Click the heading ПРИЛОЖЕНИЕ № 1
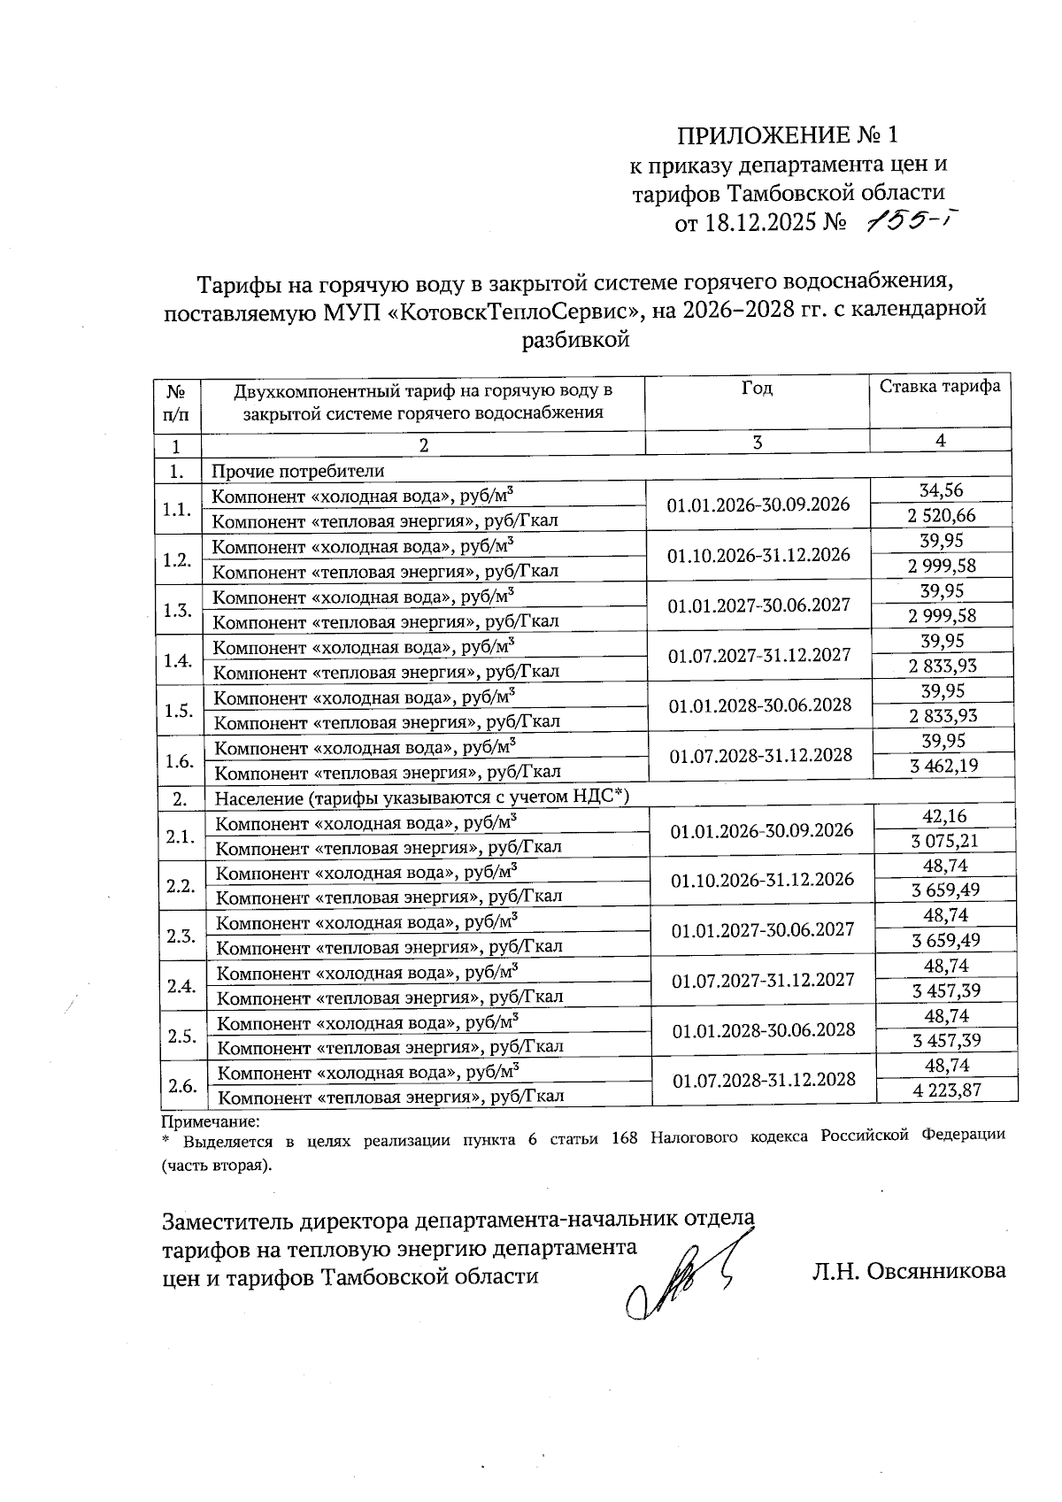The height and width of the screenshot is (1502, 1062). pos(787,135)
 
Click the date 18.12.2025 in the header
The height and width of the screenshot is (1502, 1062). pos(758,222)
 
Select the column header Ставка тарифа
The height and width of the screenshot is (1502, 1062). pos(939,387)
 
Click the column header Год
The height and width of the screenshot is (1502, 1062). pos(757,389)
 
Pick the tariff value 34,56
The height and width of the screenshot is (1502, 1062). pos(942,490)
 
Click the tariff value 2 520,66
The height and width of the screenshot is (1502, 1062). pos(942,515)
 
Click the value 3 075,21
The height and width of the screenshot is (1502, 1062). pos(944,841)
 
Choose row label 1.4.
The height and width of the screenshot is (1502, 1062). pos(179,660)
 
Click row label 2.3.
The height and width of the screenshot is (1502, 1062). pos(181,936)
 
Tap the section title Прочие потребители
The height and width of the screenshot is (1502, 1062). pos(297,471)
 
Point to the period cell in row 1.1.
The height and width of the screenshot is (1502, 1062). pos(758,505)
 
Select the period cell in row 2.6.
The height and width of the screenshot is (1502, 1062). pos(764,1079)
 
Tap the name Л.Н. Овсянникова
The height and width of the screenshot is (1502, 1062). pos(909,1271)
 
